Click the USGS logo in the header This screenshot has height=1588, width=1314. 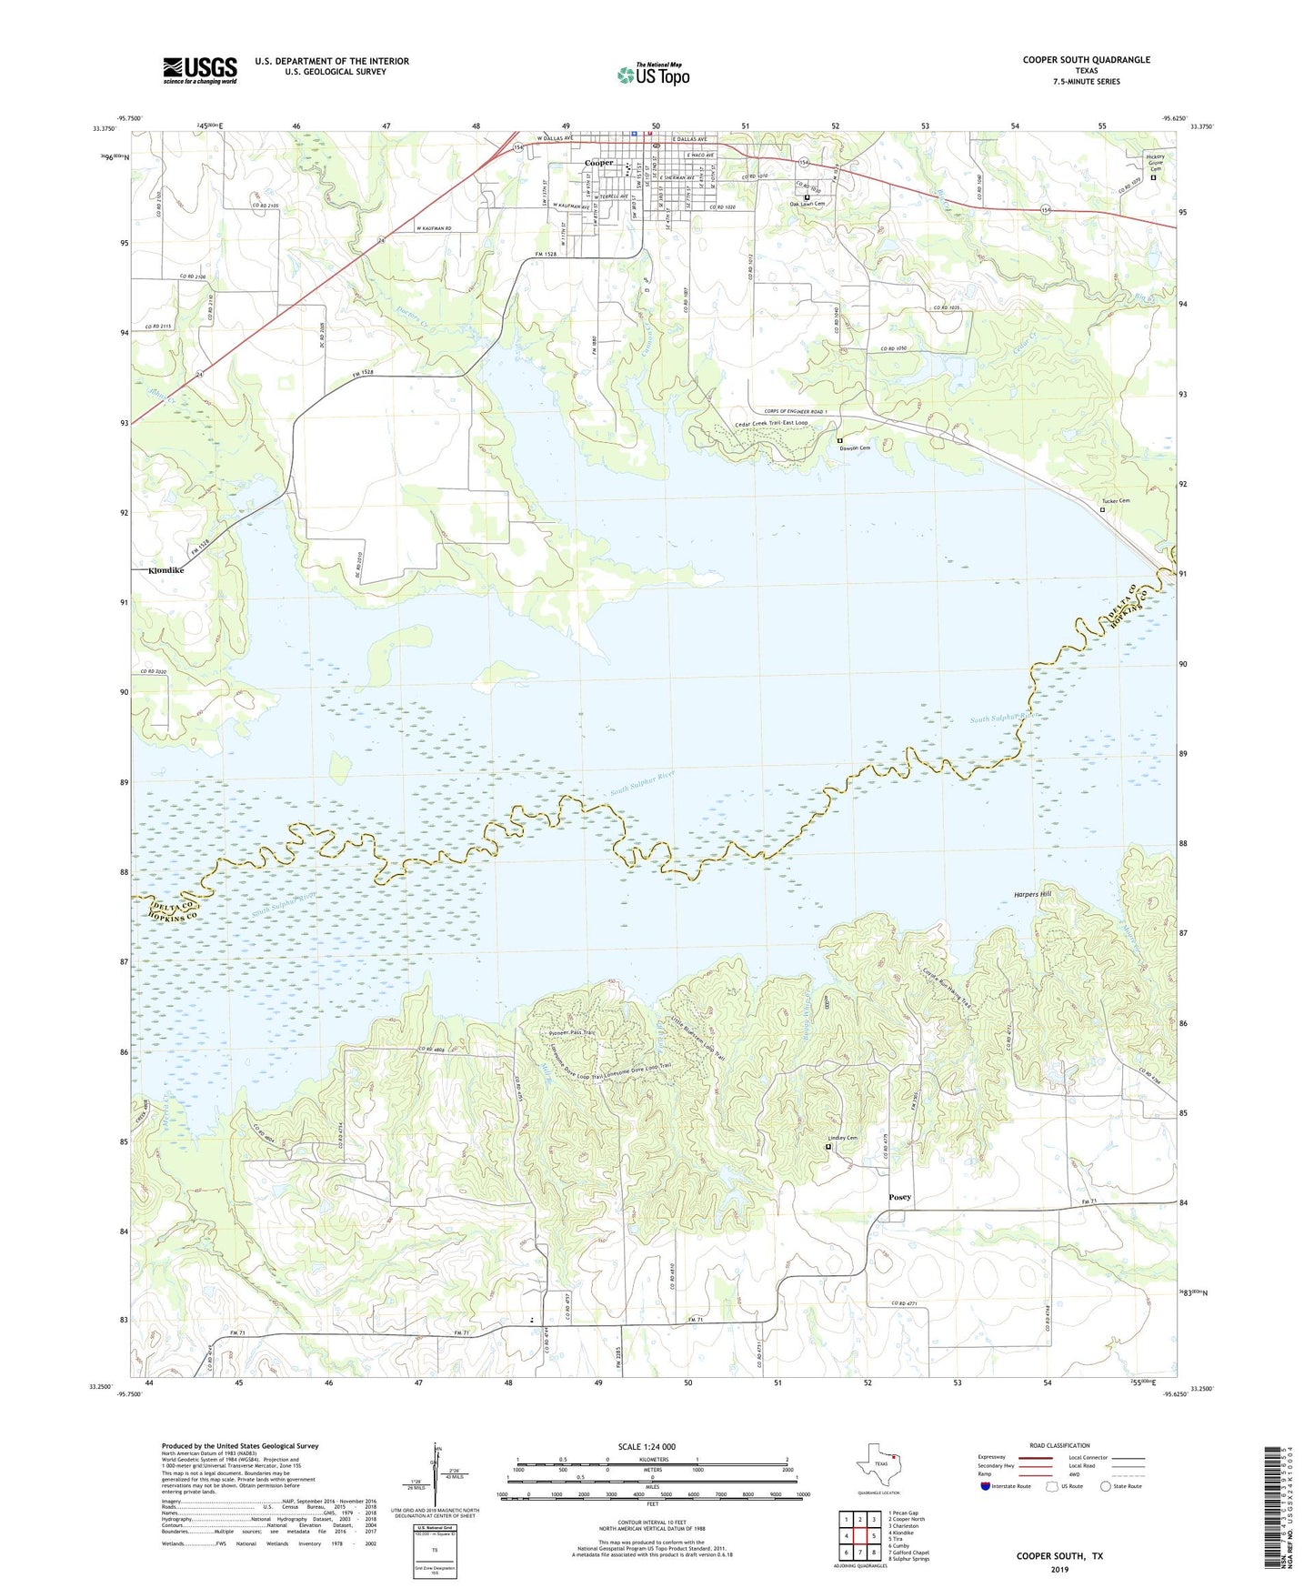coord(200,70)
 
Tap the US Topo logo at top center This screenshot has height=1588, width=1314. coord(653,74)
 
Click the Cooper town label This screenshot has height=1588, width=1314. coord(598,163)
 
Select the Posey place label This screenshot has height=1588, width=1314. coord(899,1197)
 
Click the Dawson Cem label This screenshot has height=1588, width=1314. coord(855,448)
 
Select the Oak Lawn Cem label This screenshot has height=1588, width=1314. coord(807,204)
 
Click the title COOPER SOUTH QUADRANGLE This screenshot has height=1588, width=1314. coord(1086,60)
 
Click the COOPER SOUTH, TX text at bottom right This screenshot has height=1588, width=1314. coord(1059,1556)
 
